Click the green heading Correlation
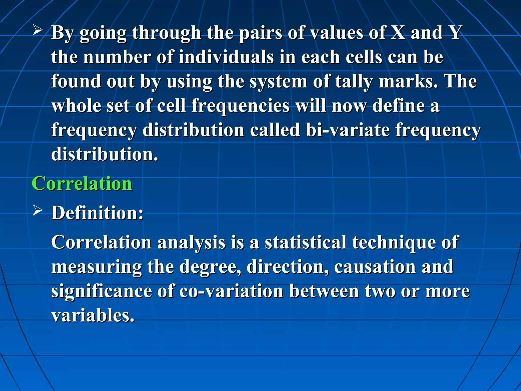point(82,184)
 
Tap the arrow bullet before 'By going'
point(37,31)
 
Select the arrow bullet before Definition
point(37,211)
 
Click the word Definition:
point(97,213)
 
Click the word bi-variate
point(348,130)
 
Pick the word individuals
point(226,57)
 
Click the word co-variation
point(231,291)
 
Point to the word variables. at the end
point(93,315)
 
